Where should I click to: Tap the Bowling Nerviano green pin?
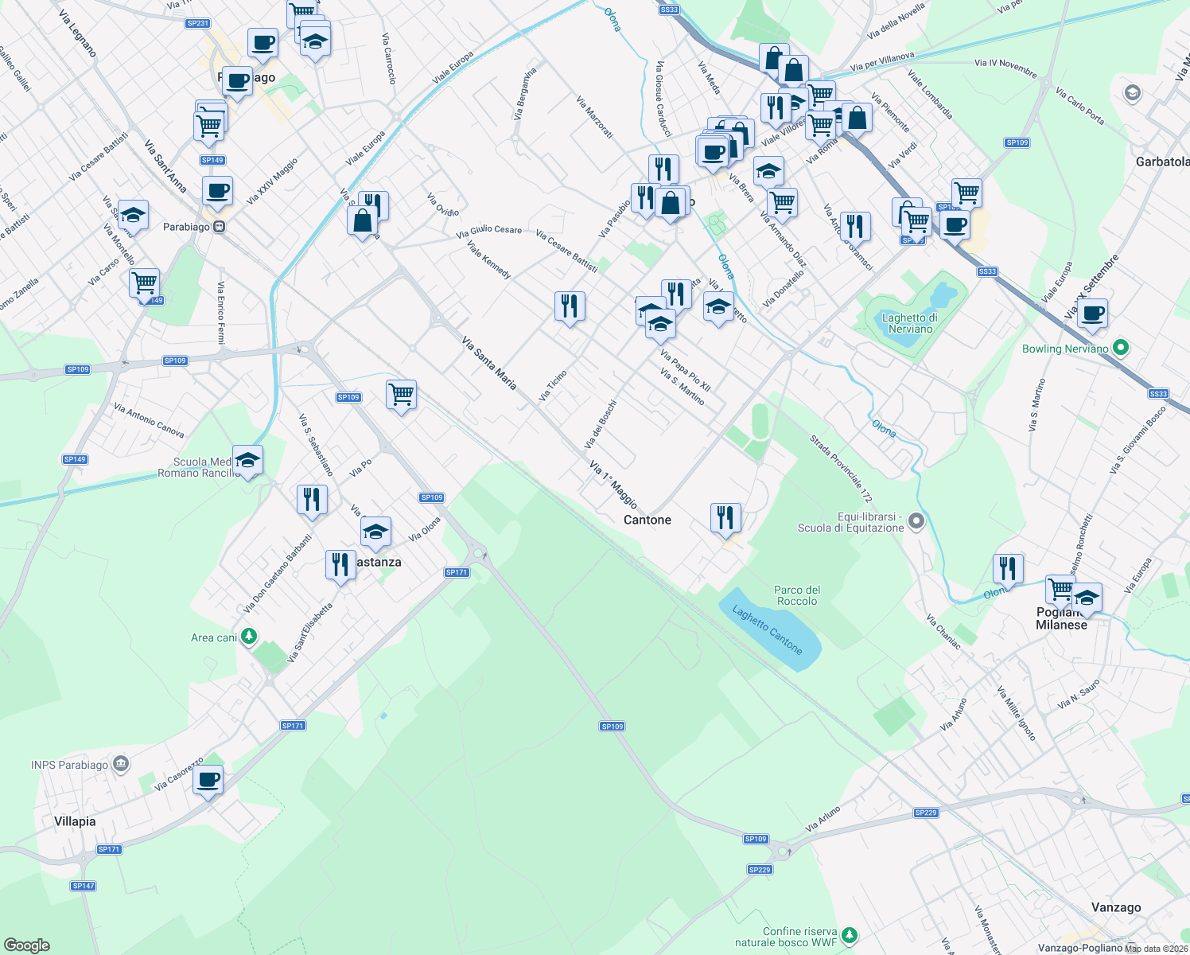coord(1120,348)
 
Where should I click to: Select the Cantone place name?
coord(647,520)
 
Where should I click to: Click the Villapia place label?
coord(75,821)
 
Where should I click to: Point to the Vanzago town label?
coord(1116,907)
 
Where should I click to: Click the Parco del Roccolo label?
coord(797,595)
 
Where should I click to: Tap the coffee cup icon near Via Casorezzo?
coord(208,780)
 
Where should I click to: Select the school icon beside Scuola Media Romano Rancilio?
coord(247,460)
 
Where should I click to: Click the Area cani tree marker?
coord(249,637)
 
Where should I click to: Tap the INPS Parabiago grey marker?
coord(121,764)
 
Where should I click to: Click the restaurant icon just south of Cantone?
coord(725,518)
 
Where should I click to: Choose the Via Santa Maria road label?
coord(489,363)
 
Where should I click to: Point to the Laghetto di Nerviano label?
coord(910,323)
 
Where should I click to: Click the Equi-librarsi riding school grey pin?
coord(916,521)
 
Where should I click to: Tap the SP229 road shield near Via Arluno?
coord(926,813)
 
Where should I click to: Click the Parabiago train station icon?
coord(219,227)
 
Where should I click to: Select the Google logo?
coord(26,945)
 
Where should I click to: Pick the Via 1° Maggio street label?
coord(613,484)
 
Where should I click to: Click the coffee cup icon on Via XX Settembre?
coord(1094,314)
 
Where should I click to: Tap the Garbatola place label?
coord(1162,162)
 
